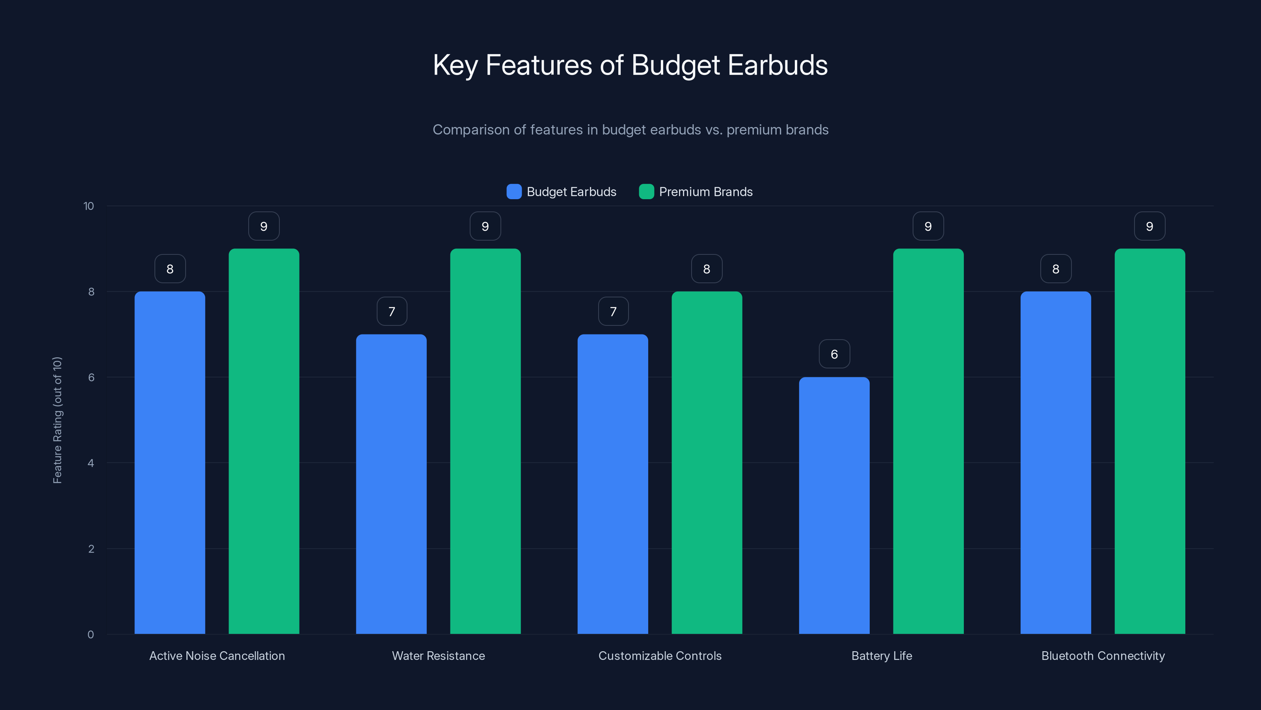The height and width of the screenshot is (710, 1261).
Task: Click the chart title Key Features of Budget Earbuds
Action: [x=630, y=65]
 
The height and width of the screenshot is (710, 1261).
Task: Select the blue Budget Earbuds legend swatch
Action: [x=514, y=192]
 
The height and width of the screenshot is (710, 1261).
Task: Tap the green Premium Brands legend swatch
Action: [x=646, y=192]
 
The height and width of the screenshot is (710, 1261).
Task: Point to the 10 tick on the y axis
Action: [x=89, y=206]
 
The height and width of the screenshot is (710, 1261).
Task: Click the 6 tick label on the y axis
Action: [x=91, y=377]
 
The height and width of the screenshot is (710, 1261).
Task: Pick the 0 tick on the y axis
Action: [x=91, y=635]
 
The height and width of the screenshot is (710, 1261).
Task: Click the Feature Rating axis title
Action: [x=57, y=420]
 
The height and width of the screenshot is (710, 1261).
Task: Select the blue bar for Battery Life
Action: [x=834, y=505]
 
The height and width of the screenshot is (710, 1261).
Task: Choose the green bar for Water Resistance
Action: [x=485, y=441]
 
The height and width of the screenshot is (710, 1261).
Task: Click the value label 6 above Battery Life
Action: [x=834, y=354]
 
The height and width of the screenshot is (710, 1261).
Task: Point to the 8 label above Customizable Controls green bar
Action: [x=707, y=269]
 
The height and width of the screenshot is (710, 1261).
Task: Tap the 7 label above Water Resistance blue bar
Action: [x=392, y=311]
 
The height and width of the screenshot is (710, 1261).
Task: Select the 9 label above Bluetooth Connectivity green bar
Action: [x=1149, y=226]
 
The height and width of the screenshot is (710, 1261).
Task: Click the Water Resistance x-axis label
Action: [x=438, y=656]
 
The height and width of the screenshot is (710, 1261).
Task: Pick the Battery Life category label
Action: [x=882, y=656]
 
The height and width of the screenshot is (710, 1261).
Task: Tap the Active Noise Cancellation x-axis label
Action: [x=217, y=656]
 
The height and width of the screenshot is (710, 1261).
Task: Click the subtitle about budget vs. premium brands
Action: [x=630, y=129]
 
